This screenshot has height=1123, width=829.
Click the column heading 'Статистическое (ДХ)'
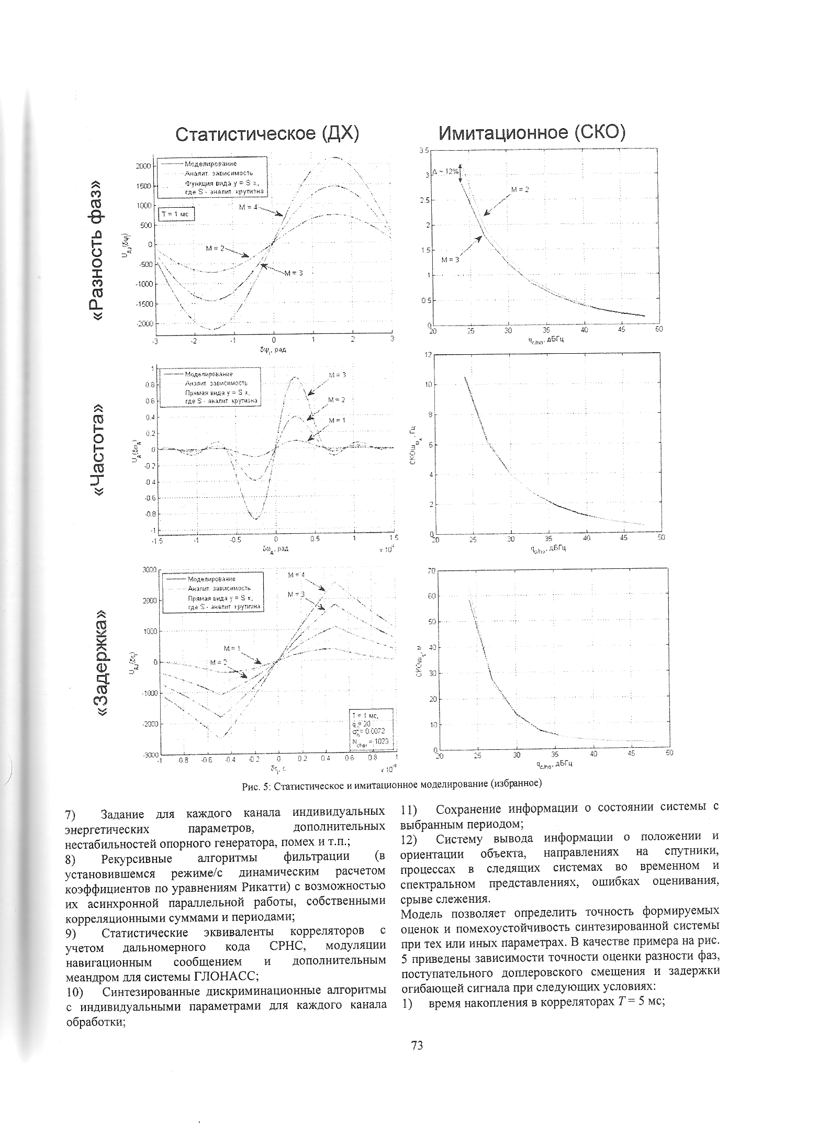coord(267,134)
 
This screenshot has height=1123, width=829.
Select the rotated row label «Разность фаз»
coord(103,243)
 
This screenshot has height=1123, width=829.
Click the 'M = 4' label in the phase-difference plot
coord(248,207)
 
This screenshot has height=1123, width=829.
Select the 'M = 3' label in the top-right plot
coord(450,260)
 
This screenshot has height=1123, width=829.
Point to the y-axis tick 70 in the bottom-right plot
coord(432,570)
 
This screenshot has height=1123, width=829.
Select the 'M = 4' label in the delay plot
coord(296,575)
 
